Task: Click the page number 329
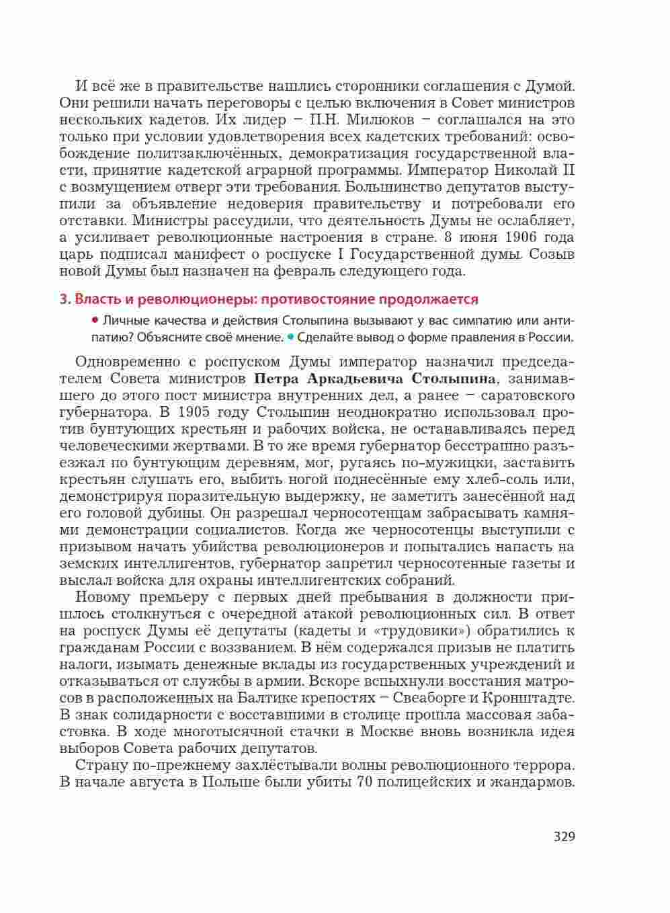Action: (564, 837)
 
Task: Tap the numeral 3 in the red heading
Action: (63, 299)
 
